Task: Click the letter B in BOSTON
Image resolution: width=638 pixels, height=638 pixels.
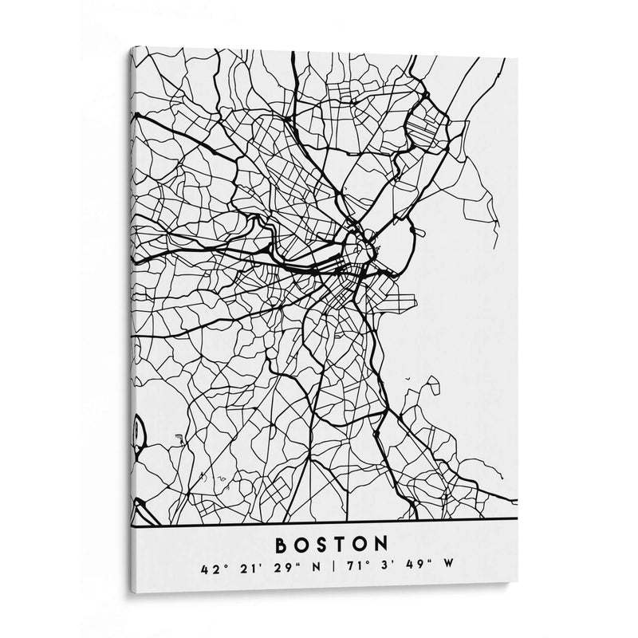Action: point(281,545)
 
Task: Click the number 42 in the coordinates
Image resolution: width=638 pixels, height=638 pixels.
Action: point(210,569)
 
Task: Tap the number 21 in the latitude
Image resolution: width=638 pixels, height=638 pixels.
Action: point(242,569)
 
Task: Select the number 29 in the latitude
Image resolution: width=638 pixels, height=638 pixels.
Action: point(272,569)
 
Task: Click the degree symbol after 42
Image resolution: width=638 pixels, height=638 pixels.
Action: point(224,565)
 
